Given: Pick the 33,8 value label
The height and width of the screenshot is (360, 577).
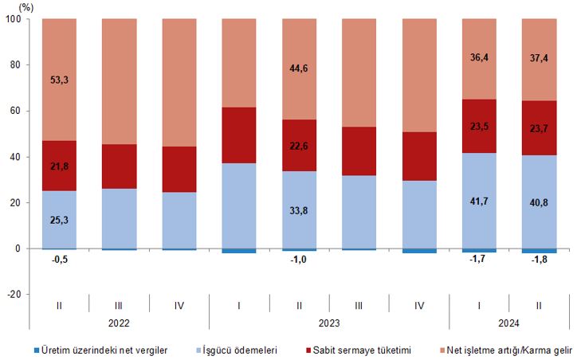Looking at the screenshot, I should [300, 213].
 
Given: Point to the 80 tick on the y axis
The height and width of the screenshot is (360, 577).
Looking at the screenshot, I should [15, 65].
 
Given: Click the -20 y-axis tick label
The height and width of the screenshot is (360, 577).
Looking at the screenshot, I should [13, 295].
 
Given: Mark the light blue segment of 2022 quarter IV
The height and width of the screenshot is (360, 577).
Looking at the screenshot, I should [180, 220].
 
